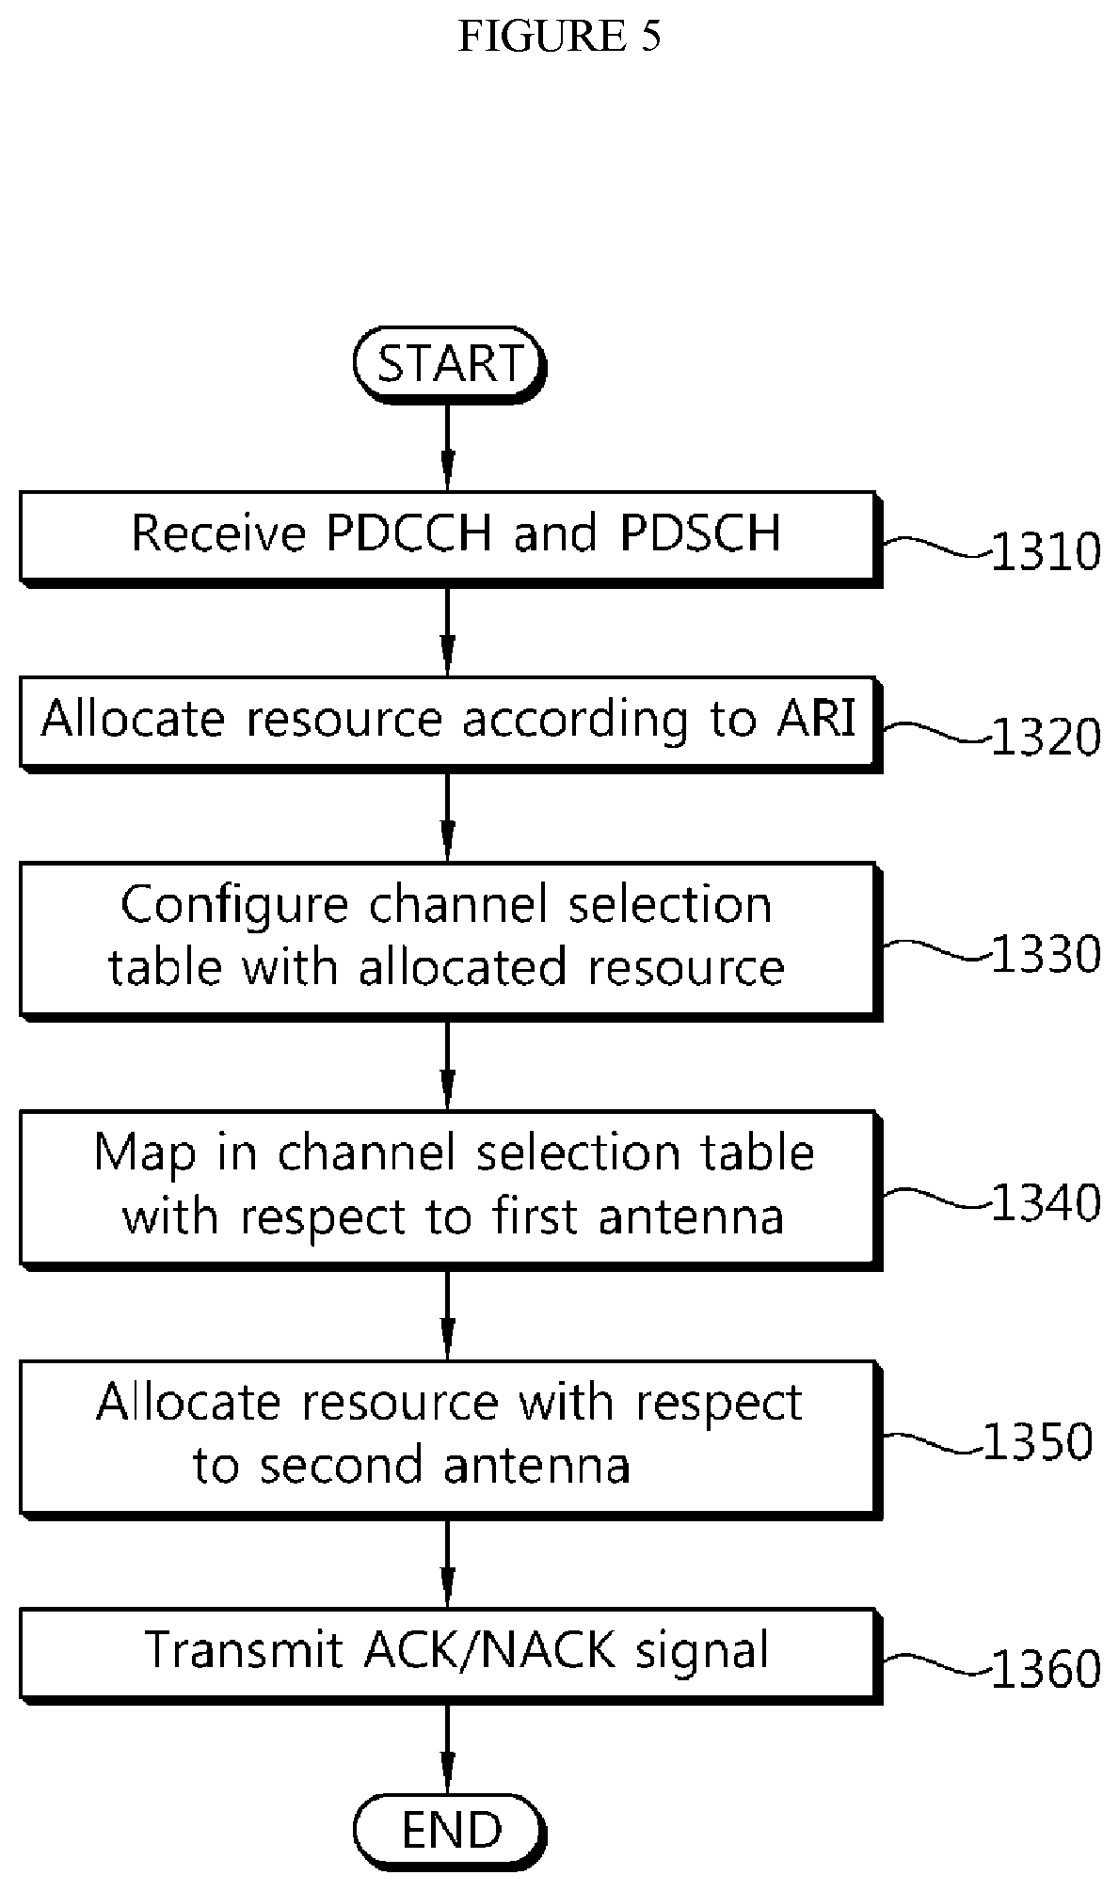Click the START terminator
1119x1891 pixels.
(450, 364)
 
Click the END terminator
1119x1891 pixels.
(450, 1830)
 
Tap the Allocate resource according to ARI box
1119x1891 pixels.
(451, 723)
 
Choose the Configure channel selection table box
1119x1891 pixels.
(451, 940)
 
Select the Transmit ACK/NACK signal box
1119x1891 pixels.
(451, 1655)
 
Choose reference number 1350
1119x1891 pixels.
(1038, 1441)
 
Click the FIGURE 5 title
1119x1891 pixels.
(559, 36)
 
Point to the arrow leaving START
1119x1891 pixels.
(448, 448)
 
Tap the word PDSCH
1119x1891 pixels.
(700, 532)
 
